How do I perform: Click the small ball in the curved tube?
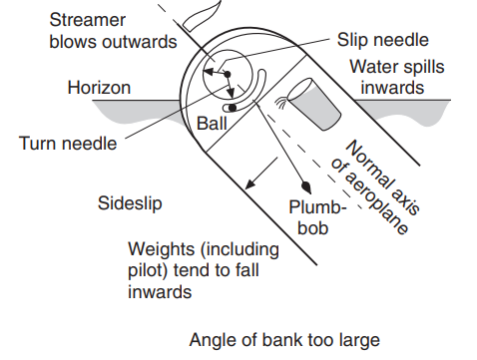click(233, 107)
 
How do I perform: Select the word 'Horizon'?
click(99, 88)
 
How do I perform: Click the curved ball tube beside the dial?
click(259, 88)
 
